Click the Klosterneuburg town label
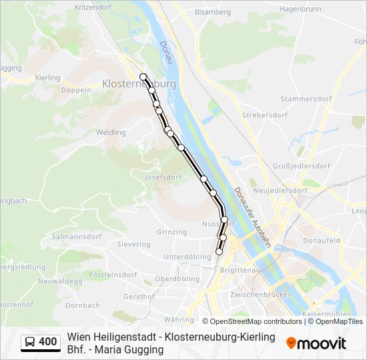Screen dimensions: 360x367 [139, 84]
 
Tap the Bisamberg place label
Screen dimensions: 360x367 [212, 12]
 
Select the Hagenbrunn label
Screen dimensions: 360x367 [300, 9]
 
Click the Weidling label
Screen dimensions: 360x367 [110, 133]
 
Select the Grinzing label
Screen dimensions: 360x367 [172, 232]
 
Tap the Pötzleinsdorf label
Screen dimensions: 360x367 [113, 275]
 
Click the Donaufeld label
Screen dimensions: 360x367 [321, 240]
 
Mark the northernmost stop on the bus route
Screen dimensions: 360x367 [143, 77]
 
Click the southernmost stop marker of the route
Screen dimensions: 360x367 [219, 251]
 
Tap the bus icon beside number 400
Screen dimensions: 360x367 [30, 342]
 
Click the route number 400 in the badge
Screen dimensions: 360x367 [48, 342]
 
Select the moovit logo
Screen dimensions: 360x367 [316, 343]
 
